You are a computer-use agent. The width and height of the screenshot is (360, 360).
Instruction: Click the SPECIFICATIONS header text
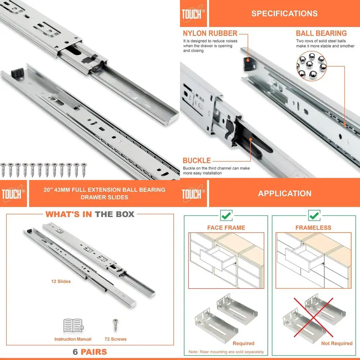[x=284, y=14]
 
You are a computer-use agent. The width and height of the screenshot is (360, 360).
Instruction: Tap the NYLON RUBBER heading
[x=210, y=33]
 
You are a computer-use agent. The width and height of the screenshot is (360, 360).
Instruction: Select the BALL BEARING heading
[x=321, y=33]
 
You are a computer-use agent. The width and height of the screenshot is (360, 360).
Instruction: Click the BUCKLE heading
[x=197, y=161]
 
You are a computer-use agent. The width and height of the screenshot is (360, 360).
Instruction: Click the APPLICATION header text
[x=284, y=193]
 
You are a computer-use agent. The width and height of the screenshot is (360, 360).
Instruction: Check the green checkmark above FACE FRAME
[x=226, y=216]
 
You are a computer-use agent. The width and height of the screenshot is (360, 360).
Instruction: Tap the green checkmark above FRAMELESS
[x=314, y=216]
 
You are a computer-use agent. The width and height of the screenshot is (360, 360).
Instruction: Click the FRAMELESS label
[x=313, y=228]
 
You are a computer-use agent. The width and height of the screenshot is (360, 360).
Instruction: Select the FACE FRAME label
[x=226, y=228]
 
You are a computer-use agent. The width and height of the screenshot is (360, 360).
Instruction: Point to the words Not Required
[x=337, y=343]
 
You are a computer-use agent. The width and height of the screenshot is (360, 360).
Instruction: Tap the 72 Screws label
[x=116, y=339]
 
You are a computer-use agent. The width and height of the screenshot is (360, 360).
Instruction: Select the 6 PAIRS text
[x=90, y=351]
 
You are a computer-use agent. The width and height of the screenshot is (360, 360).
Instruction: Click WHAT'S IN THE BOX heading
[x=90, y=214]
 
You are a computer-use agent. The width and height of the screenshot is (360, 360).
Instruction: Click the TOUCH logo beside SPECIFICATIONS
[x=193, y=14]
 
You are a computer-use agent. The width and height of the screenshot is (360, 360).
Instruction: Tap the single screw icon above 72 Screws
[x=116, y=325]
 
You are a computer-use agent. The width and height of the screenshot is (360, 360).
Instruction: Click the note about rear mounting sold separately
[x=226, y=352]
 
